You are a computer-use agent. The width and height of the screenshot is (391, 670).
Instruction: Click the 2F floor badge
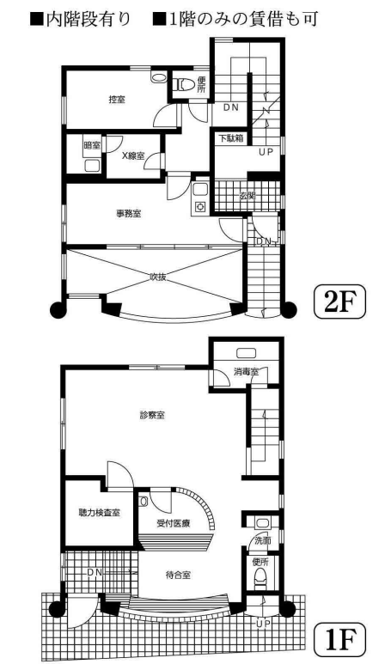(x=339, y=302)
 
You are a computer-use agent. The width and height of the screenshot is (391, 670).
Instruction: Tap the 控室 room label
(x=117, y=100)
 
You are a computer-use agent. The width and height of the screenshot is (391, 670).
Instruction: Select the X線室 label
(x=133, y=156)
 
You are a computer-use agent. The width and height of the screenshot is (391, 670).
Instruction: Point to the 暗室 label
(x=92, y=145)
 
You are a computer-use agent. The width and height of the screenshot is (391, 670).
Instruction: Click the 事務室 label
(x=129, y=213)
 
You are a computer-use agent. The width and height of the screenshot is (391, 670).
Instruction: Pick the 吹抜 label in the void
(x=157, y=277)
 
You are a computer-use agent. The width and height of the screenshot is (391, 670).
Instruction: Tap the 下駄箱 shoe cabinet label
(x=231, y=138)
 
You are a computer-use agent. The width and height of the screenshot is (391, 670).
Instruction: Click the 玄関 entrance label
(x=247, y=196)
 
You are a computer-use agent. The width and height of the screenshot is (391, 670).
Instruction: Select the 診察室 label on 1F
(x=152, y=415)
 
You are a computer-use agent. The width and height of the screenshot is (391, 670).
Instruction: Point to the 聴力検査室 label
(x=99, y=512)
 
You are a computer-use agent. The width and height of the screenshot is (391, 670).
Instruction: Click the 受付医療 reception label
(x=173, y=523)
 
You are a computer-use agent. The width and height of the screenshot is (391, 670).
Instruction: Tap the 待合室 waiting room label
(x=178, y=575)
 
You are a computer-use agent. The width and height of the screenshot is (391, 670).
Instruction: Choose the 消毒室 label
(x=246, y=372)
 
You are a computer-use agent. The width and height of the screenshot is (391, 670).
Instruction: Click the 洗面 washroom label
(x=263, y=540)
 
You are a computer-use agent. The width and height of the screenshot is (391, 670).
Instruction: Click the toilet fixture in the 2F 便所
(x=182, y=84)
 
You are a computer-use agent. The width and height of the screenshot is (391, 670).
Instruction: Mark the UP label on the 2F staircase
(x=266, y=152)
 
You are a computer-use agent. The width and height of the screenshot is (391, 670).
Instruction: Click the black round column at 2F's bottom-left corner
(x=58, y=308)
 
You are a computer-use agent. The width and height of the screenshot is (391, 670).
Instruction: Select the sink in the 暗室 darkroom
(x=92, y=166)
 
